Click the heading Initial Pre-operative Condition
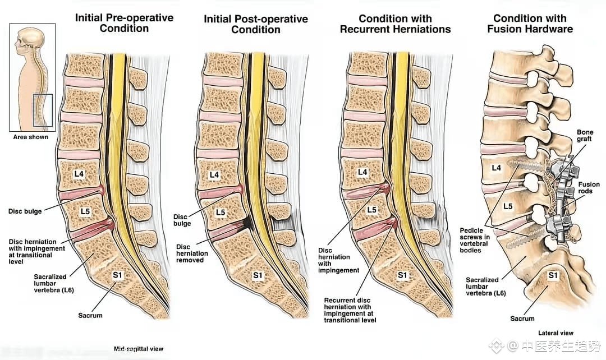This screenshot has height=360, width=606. point(124,23)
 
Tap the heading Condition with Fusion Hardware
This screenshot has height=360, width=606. point(530,24)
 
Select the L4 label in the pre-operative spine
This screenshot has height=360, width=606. point(79,174)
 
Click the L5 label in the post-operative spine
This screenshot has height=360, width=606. point(221,212)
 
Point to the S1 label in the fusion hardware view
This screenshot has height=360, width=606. point(553,275)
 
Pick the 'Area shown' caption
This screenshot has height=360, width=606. point(30,137)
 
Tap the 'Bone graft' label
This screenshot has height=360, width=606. point(585,135)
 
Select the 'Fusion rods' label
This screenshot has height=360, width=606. point(589,188)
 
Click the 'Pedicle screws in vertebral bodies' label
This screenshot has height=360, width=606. point(475,240)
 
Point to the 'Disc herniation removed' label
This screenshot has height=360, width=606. point(192,253)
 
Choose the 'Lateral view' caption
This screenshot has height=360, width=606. point(555,333)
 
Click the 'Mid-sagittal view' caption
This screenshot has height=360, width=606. point(139,349)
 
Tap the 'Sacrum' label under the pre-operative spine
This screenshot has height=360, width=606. point(90,315)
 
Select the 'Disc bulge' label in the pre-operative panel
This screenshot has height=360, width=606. point(25,211)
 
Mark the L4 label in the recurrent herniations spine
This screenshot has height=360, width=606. point(362,172)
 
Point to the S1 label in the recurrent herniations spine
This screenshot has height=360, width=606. point(402,275)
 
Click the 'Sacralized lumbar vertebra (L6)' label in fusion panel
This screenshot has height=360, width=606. point(486,286)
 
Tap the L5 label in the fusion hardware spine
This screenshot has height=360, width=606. point(508,206)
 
